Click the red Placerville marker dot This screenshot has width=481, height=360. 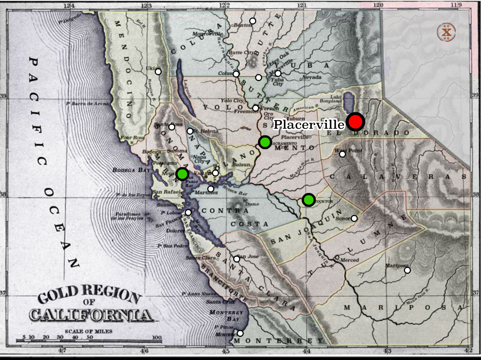point(355,122)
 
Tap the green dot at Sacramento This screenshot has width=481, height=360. point(265,142)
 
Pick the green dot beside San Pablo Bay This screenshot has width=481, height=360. point(182,174)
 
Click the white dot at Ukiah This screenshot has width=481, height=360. point(158,72)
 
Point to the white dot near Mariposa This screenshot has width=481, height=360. point(407,270)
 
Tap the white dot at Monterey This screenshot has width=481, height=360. point(240,333)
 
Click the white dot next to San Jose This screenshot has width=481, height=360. point(237,259)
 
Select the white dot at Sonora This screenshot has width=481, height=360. point(354,218)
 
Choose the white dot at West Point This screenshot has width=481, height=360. point(342,154)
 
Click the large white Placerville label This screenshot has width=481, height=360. point(309,125)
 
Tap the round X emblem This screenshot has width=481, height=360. point(446,33)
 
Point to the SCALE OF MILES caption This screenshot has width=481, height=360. point(89,331)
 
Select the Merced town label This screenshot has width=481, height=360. point(349,260)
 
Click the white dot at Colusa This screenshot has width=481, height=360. point(236,74)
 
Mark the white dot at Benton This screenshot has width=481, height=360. point(252,21)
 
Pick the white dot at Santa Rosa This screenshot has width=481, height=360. point(172,127)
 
